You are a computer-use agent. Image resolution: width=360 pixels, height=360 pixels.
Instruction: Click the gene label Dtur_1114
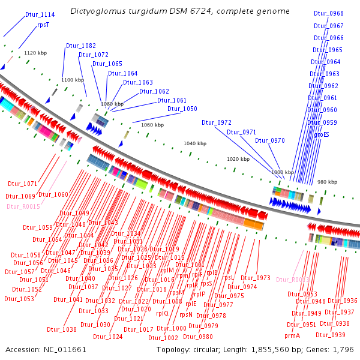[40, 14]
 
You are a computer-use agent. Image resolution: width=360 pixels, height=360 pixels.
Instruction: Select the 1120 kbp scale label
[35, 53]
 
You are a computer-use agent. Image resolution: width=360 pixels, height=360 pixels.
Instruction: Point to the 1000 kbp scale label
[282, 172]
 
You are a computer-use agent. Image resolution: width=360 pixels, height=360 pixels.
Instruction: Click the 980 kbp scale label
[328, 182]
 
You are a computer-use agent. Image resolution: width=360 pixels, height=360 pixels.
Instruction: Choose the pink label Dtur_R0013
[293, 279]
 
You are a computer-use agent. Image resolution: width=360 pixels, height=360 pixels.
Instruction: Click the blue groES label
[322, 134]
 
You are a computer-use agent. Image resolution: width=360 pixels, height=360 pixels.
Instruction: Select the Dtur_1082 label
[81, 46]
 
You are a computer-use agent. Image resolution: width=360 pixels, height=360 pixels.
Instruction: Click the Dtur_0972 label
[217, 122]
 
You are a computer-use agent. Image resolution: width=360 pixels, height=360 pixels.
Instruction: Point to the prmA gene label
[292, 335]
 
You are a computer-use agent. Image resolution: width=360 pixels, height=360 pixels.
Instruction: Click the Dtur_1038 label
[62, 329]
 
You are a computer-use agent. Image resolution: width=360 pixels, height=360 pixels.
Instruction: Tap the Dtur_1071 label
[23, 184]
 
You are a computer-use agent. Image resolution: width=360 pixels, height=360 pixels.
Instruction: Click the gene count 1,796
[343, 349]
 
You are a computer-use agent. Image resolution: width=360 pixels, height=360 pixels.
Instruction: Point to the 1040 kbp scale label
[194, 144]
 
